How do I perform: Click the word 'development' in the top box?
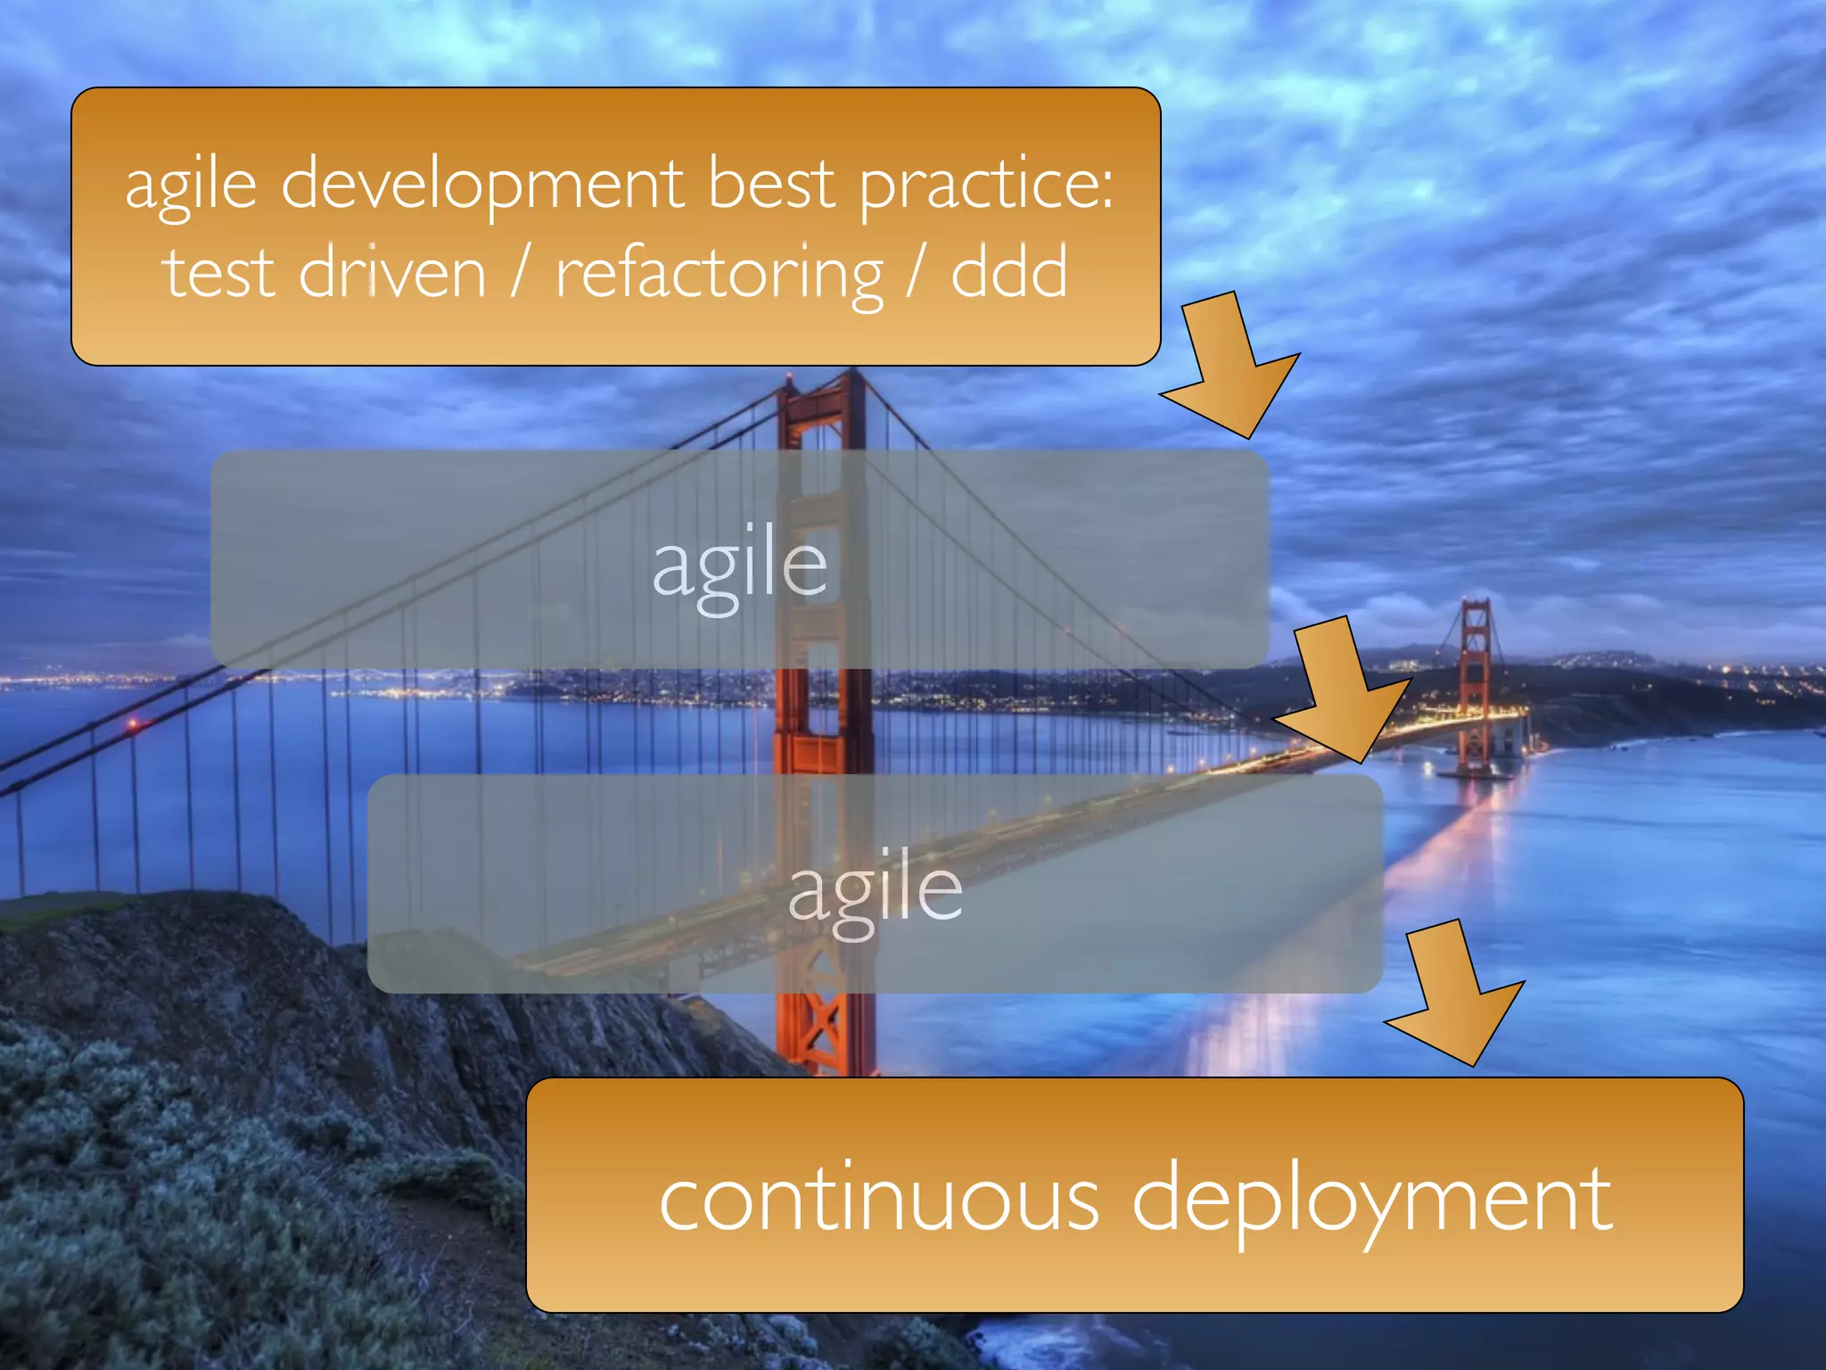[482, 185]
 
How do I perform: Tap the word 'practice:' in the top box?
[986, 185]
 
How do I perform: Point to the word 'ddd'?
[1008, 272]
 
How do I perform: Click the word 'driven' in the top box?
[392, 272]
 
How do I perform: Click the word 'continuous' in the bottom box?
[879, 1200]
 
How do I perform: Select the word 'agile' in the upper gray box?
[740, 566]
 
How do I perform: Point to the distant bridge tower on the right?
[1475, 678]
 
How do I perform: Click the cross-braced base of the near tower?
[824, 1026]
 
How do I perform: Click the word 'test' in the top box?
[218, 272]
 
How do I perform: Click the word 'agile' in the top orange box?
[191, 185]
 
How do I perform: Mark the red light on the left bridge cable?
[133, 724]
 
